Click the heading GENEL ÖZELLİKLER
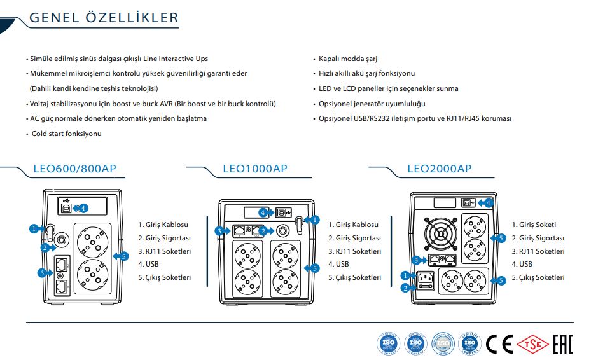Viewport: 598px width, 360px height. click(x=104, y=18)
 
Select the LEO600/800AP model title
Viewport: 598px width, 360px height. click(x=74, y=169)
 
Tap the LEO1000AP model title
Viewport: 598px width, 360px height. click(x=255, y=169)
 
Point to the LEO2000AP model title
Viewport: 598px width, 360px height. click(x=439, y=169)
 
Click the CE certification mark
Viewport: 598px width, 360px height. click(x=499, y=344)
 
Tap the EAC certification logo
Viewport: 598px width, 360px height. click(x=562, y=344)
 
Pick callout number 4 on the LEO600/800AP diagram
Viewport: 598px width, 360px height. click(x=83, y=208)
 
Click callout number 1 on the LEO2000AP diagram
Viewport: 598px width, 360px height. click(x=405, y=275)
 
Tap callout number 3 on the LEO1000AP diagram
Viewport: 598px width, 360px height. click(x=219, y=230)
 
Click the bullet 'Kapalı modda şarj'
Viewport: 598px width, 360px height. click(x=348, y=58)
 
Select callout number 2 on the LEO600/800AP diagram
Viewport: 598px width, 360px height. click(x=45, y=247)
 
